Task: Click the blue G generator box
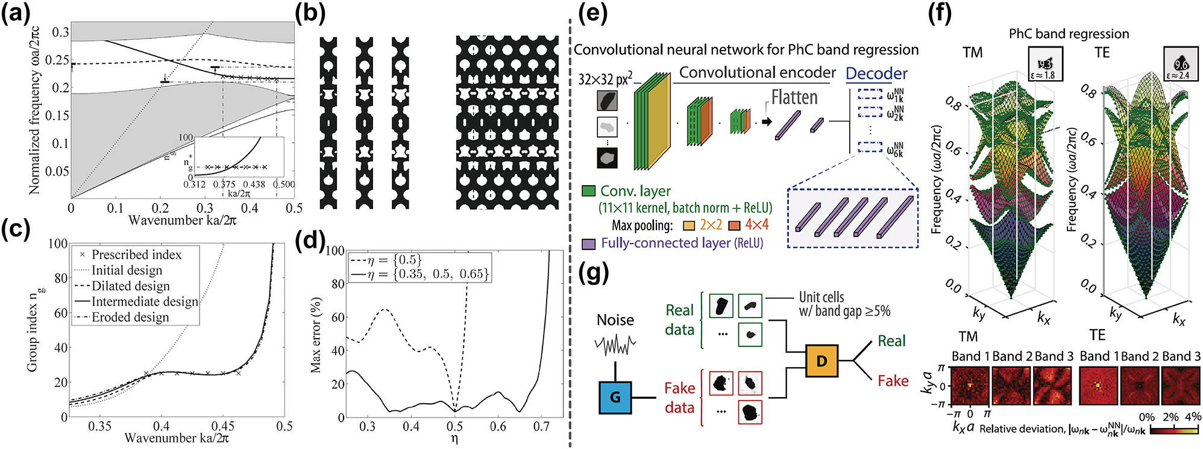(x=615, y=397)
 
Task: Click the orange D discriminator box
(x=821, y=360)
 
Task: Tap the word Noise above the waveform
(x=615, y=320)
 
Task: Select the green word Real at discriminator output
(x=891, y=341)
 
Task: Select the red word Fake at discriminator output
(x=893, y=381)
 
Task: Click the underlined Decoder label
(x=876, y=74)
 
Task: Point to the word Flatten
(x=794, y=97)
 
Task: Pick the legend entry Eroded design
(x=130, y=317)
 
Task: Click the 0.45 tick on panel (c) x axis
(x=223, y=426)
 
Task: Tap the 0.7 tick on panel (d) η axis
(x=541, y=426)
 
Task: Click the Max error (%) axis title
(x=315, y=334)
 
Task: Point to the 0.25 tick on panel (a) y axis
(x=58, y=60)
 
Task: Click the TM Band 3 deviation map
(x=1053, y=386)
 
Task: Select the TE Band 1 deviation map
(x=1098, y=386)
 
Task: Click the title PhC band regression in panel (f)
(x=1069, y=34)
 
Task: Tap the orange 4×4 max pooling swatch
(x=734, y=225)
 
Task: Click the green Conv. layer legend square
(x=588, y=191)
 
